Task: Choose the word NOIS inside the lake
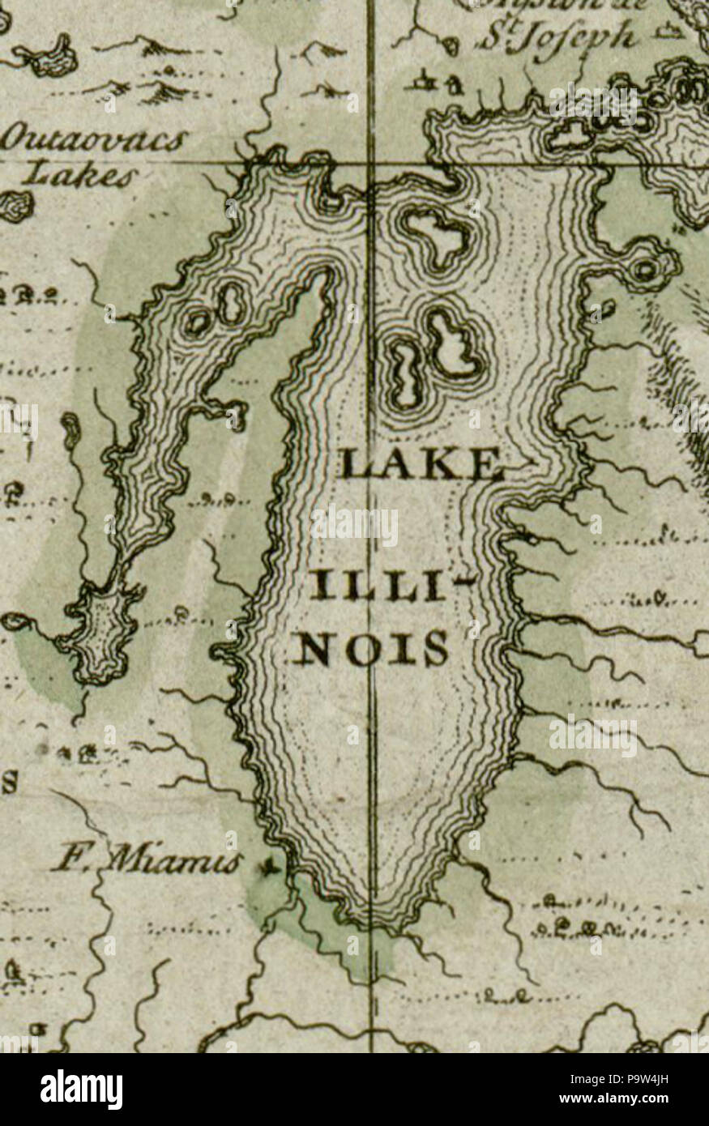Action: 369,647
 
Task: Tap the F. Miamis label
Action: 146,860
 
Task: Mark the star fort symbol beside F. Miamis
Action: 267,868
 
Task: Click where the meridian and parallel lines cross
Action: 371,164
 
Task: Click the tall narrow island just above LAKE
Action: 405,374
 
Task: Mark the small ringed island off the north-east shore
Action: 644,268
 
